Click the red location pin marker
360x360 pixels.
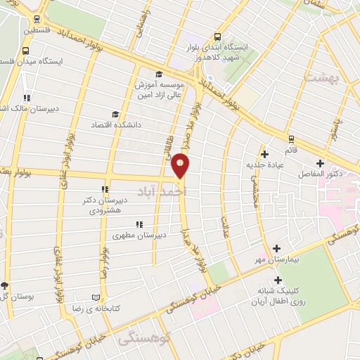[181, 165]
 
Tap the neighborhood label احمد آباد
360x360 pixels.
[182, 191]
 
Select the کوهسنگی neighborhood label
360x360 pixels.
[136, 339]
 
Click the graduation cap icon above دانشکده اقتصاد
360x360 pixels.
[115, 115]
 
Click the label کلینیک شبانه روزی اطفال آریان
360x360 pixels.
[277, 295]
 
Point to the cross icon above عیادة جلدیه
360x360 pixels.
[264, 155]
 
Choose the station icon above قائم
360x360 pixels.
[290, 138]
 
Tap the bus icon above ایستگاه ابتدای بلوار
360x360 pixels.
[217, 37]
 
